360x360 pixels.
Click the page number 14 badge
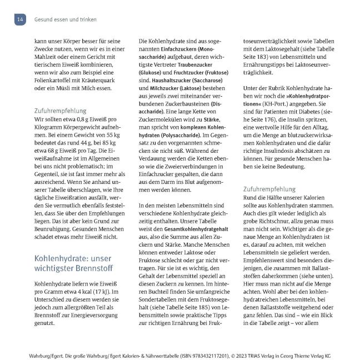20,19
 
